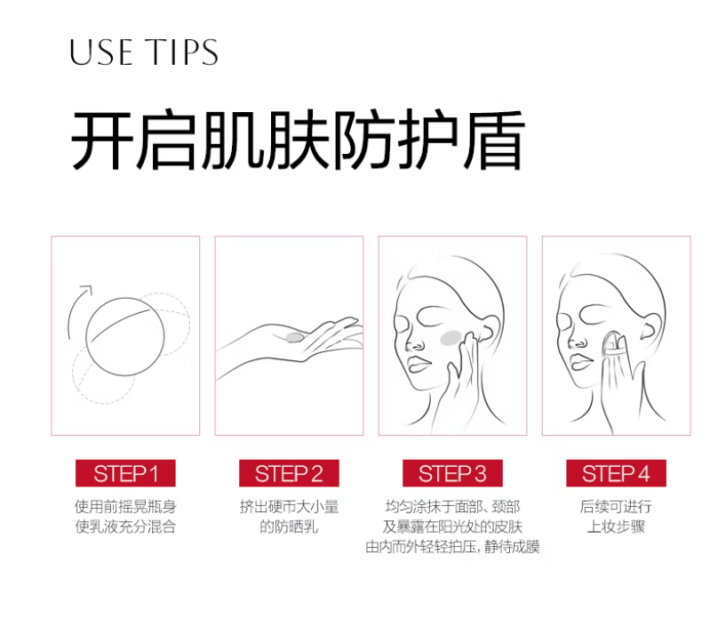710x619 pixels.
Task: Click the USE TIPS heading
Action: click(x=144, y=52)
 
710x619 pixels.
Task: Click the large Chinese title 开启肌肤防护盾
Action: click(x=297, y=141)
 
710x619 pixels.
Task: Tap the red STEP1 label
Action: click(x=125, y=473)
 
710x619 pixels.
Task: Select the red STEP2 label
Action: click(x=289, y=473)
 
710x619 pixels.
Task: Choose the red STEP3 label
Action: click(x=452, y=473)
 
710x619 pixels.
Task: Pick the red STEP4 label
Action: click(x=616, y=473)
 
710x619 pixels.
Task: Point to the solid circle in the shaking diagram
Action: click(x=125, y=334)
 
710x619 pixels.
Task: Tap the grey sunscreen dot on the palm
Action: click(x=292, y=337)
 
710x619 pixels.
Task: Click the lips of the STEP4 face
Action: click(x=580, y=360)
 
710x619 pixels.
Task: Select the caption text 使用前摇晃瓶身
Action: click(x=125, y=507)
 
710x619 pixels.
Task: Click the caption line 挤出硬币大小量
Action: click(x=289, y=507)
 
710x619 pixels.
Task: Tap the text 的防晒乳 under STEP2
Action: click(x=289, y=527)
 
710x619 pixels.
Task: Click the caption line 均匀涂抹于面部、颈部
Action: click(x=452, y=507)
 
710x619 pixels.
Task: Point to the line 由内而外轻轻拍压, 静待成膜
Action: click(x=452, y=546)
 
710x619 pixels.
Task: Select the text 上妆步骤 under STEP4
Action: click(x=616, y=527)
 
